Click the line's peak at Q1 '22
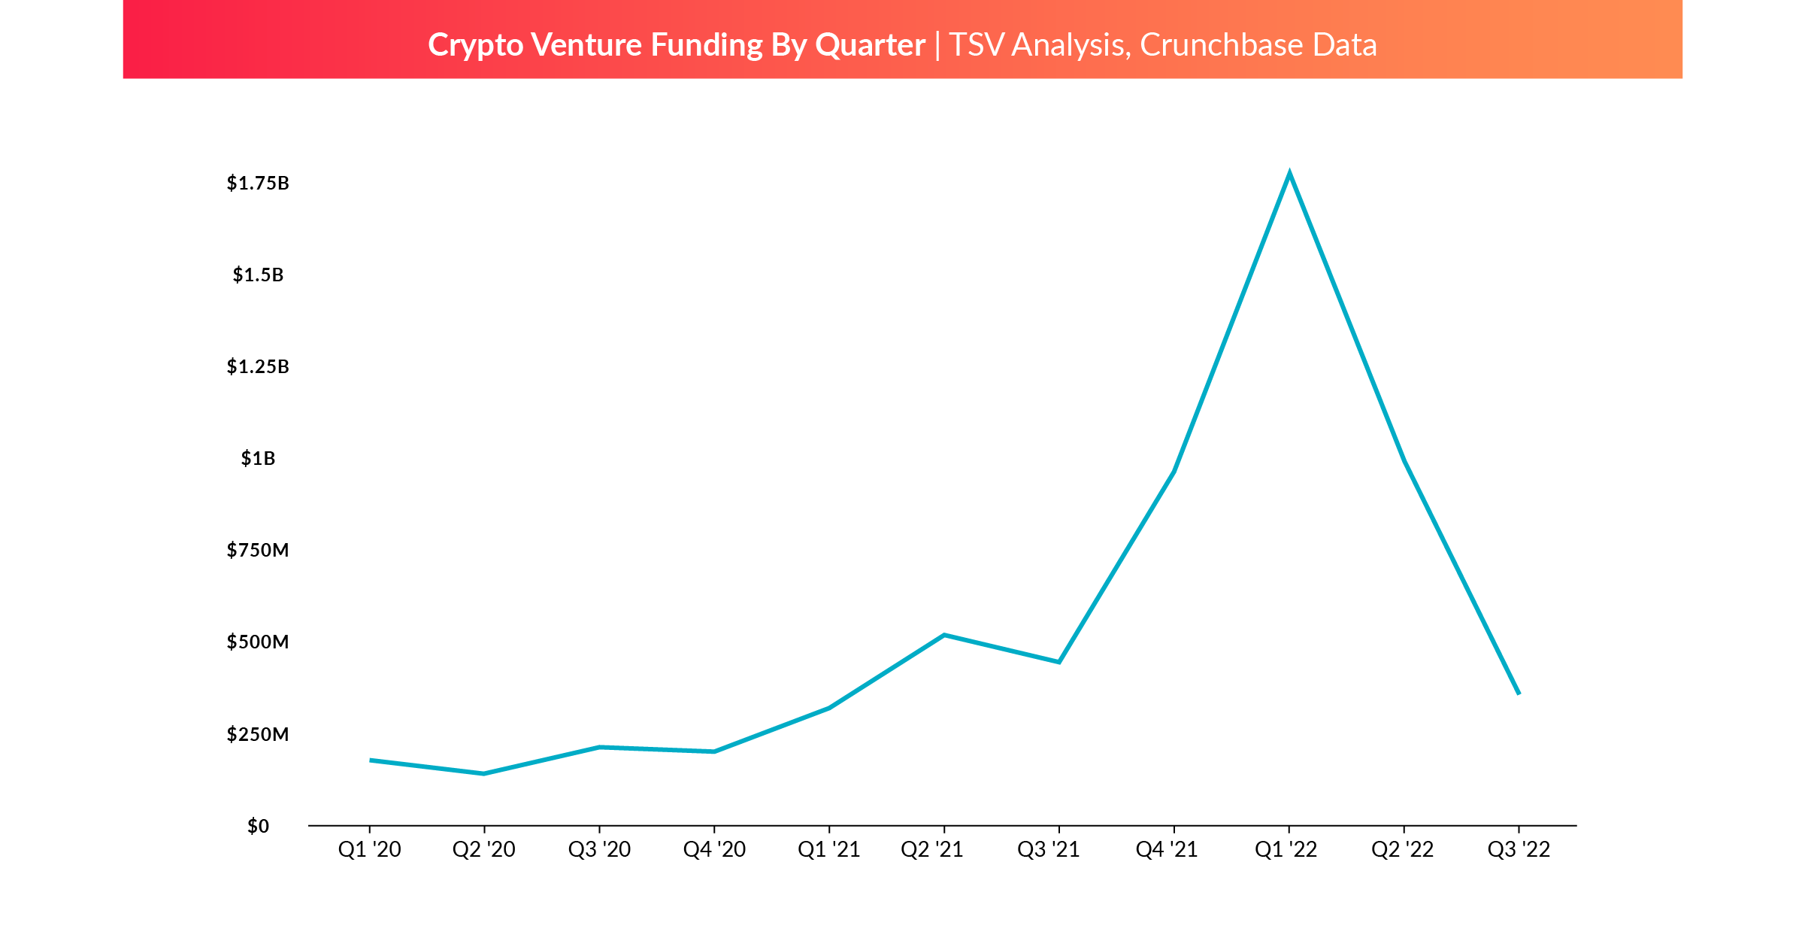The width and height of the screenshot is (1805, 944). click(1289, 175)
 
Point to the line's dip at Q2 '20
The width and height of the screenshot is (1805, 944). click(484, 773)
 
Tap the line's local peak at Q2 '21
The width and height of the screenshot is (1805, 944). click(944, 635)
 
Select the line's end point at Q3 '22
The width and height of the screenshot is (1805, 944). click(1519, 693)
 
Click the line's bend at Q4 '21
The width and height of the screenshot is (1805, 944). click(1174, 472)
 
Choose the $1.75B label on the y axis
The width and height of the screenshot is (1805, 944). click(258, 184)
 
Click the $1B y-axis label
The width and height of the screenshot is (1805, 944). click(258, 459)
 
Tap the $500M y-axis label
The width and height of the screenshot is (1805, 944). click(258, 642)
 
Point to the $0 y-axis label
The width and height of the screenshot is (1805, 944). click(258, 826)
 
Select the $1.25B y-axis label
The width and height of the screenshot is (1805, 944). click(258, 367)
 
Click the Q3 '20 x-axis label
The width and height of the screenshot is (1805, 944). click(599, 850)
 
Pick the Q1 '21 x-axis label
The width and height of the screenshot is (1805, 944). click(828, 850)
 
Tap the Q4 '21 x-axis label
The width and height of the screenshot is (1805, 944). click(1167, 850)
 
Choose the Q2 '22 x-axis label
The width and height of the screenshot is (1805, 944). click(1403, 850)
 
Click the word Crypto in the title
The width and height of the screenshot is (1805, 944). click(475, 45)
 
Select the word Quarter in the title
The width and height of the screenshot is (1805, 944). click(870, 45)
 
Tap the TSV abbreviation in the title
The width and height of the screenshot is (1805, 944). click(977, 45)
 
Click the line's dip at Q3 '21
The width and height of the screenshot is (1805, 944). click(1058, 662)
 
